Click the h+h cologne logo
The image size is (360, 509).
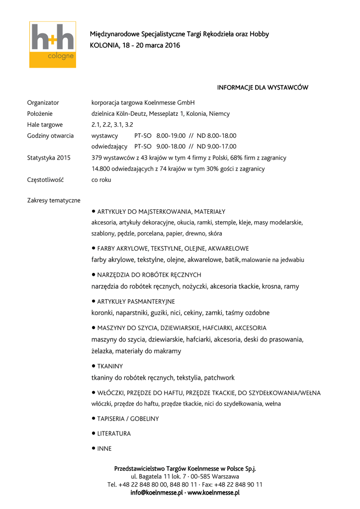pyautogui.click(x=52, y=44)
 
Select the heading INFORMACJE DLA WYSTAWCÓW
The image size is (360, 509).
pyautogui.click(x=263, y=87)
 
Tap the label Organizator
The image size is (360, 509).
pyautogui.click(x=43, y=102)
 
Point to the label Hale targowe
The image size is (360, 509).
pyautogui.click(x=45, y=124)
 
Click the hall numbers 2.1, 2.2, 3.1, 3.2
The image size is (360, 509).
pyautogui.click(x=112, y=124)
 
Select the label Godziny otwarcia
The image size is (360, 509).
pyautogui.click(x=50, y=135)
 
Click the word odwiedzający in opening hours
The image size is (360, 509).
pyautogui.click(x=108, y=146)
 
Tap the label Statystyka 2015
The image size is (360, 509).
pyautogui.click(x=49, y=158)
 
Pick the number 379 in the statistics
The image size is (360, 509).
pyautogui.click(x=97, y=158)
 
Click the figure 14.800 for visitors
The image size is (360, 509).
pyautogui.click(x=101, y=169)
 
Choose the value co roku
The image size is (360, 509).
pyautogui.click(x=101, y=179)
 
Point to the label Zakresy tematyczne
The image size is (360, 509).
pyautogui.click(x=54, y=200)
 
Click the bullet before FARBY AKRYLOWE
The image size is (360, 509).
pyautogui.click(x=93, y=248)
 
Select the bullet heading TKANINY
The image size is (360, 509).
pyautogui.click(x=110, y=366)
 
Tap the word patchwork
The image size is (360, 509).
pyautogui.click(x=219, y=377)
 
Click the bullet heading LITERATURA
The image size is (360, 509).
pyautogui.click(x=114, y=433)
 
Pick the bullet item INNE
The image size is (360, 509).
pyautogui.click(x=104, y=448)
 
